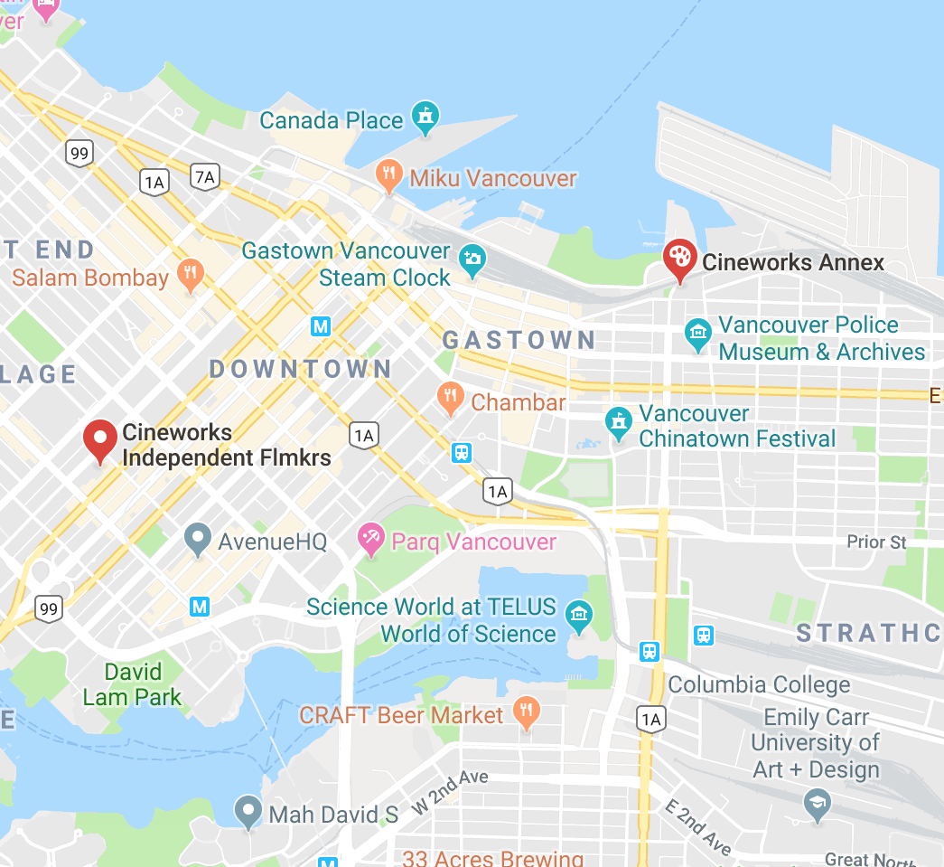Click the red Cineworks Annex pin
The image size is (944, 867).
(x=678, y=258)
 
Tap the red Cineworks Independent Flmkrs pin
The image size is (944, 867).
(x=99, y=438)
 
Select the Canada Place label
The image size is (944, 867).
(x=331, y=120)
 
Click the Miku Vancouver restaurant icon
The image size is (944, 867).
(x=388, y=175)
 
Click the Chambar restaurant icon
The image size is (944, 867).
(x=450, y=397)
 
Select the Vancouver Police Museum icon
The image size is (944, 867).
(x=697, y=333)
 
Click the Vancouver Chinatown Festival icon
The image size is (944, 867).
(x=618, y=422)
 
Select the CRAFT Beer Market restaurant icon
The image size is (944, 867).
(x=525, y=712)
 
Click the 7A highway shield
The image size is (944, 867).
(x=205, y=177)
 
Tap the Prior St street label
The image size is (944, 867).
(x=875, y=542)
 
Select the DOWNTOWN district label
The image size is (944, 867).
(x=301, y=369)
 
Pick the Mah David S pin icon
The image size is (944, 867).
(x=248, y=811)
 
